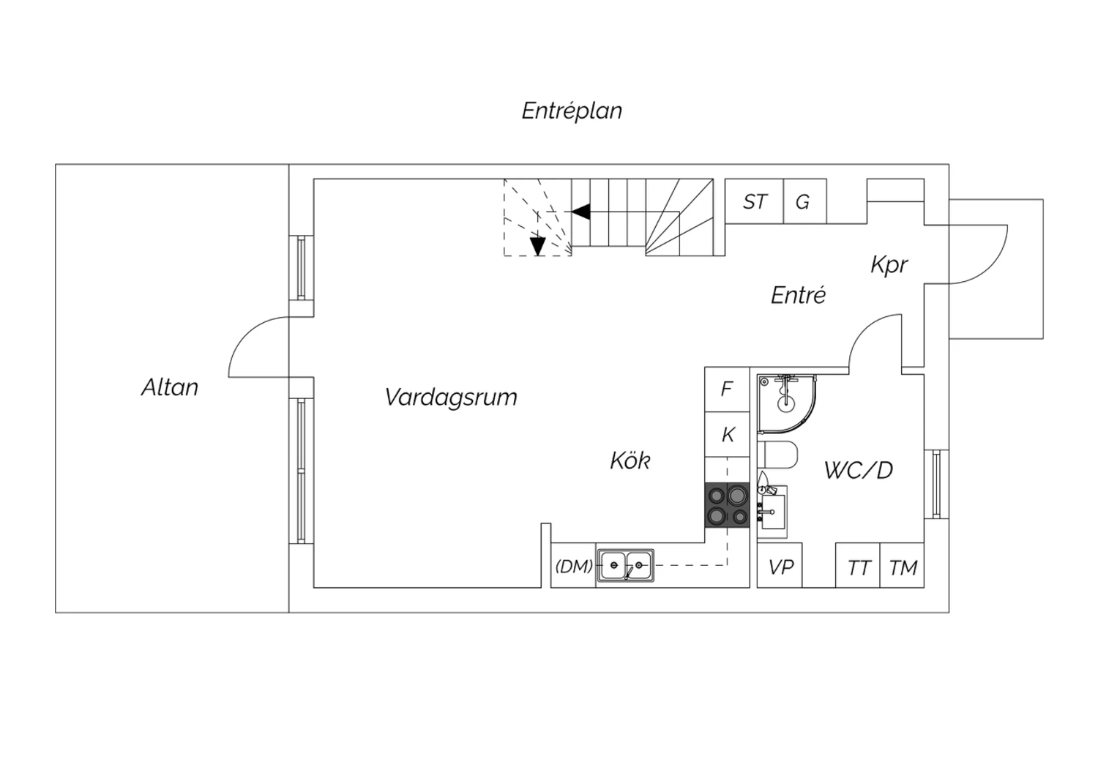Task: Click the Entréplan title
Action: tap(572, 111)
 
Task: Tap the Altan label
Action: tap(170, 387)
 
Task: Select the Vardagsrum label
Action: tap(450, 397)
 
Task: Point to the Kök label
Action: tap(630, 460)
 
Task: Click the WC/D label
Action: tap(859, 470)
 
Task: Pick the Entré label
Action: tap(798, 295)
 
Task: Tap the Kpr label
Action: tap(889, 265)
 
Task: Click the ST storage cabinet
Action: tap(755, 201)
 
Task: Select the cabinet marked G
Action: tap(805, 201)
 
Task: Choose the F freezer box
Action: tap(727, 389)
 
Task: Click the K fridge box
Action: tap(727, 435)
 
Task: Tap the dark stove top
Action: tap(727, 505)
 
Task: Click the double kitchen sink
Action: tap(625, 566)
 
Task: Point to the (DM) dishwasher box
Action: tap(573, 566)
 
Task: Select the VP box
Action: tap(780, 566)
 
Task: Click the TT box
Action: tap(858, 566)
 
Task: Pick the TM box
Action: tap(903, 566)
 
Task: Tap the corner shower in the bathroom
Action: tap(786, 404)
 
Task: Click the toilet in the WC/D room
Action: tap(777, 455)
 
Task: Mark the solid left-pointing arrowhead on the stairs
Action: tap(581, 212)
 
